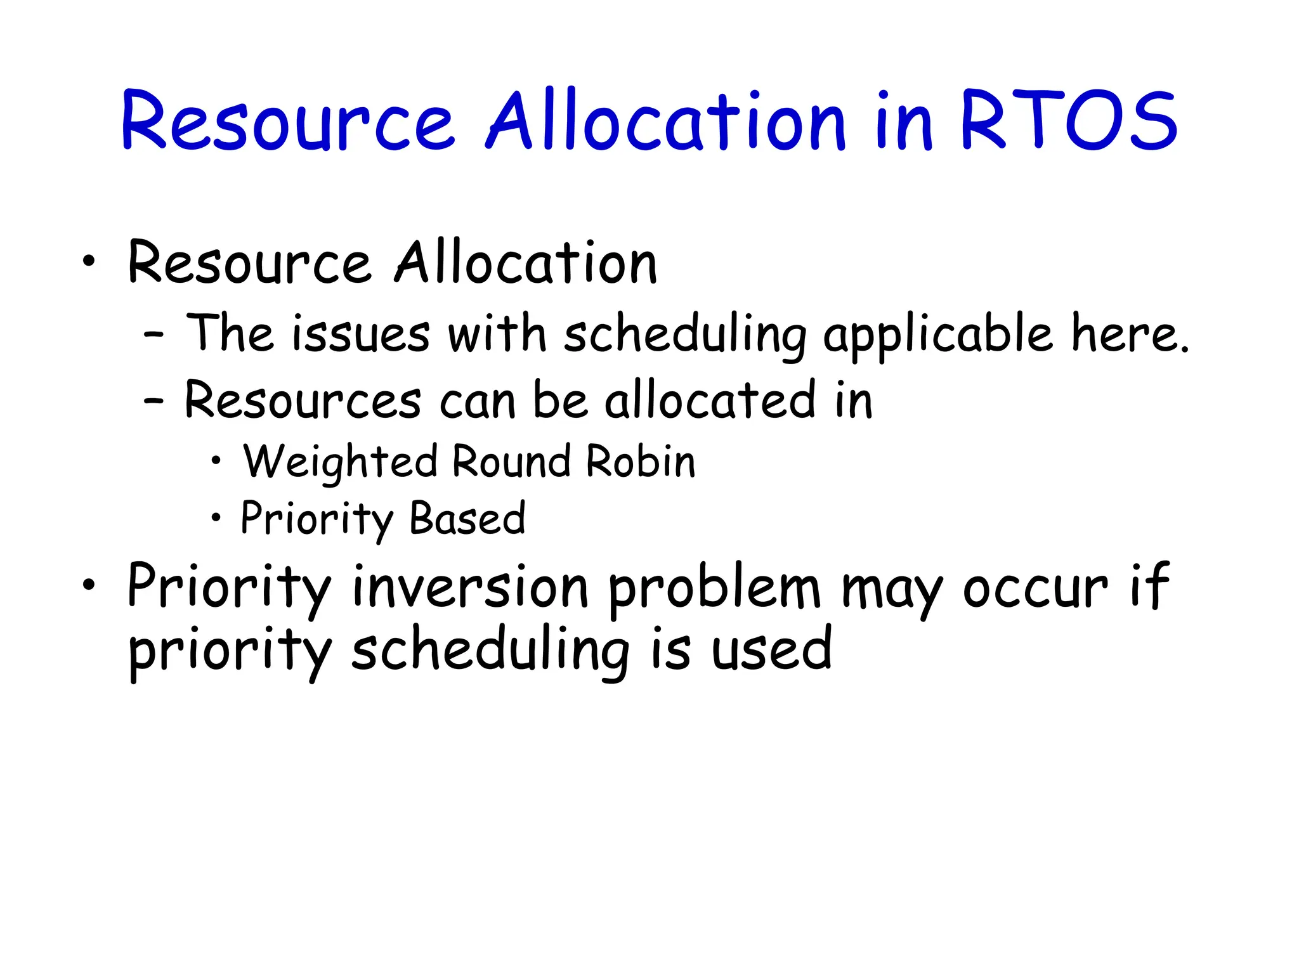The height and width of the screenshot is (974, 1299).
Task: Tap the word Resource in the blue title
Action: pos(287,122)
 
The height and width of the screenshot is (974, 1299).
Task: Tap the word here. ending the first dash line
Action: pos(1130,334)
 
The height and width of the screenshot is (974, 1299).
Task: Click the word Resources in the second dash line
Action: pos(303,401)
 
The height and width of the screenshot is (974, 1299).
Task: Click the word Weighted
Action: pos(341,462)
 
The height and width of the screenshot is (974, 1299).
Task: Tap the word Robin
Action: pos(641,461)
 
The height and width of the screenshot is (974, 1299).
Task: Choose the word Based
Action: pos(467,518)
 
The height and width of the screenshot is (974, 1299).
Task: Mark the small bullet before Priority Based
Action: pos(216,518)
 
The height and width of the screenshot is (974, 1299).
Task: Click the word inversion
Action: pos(470,587)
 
